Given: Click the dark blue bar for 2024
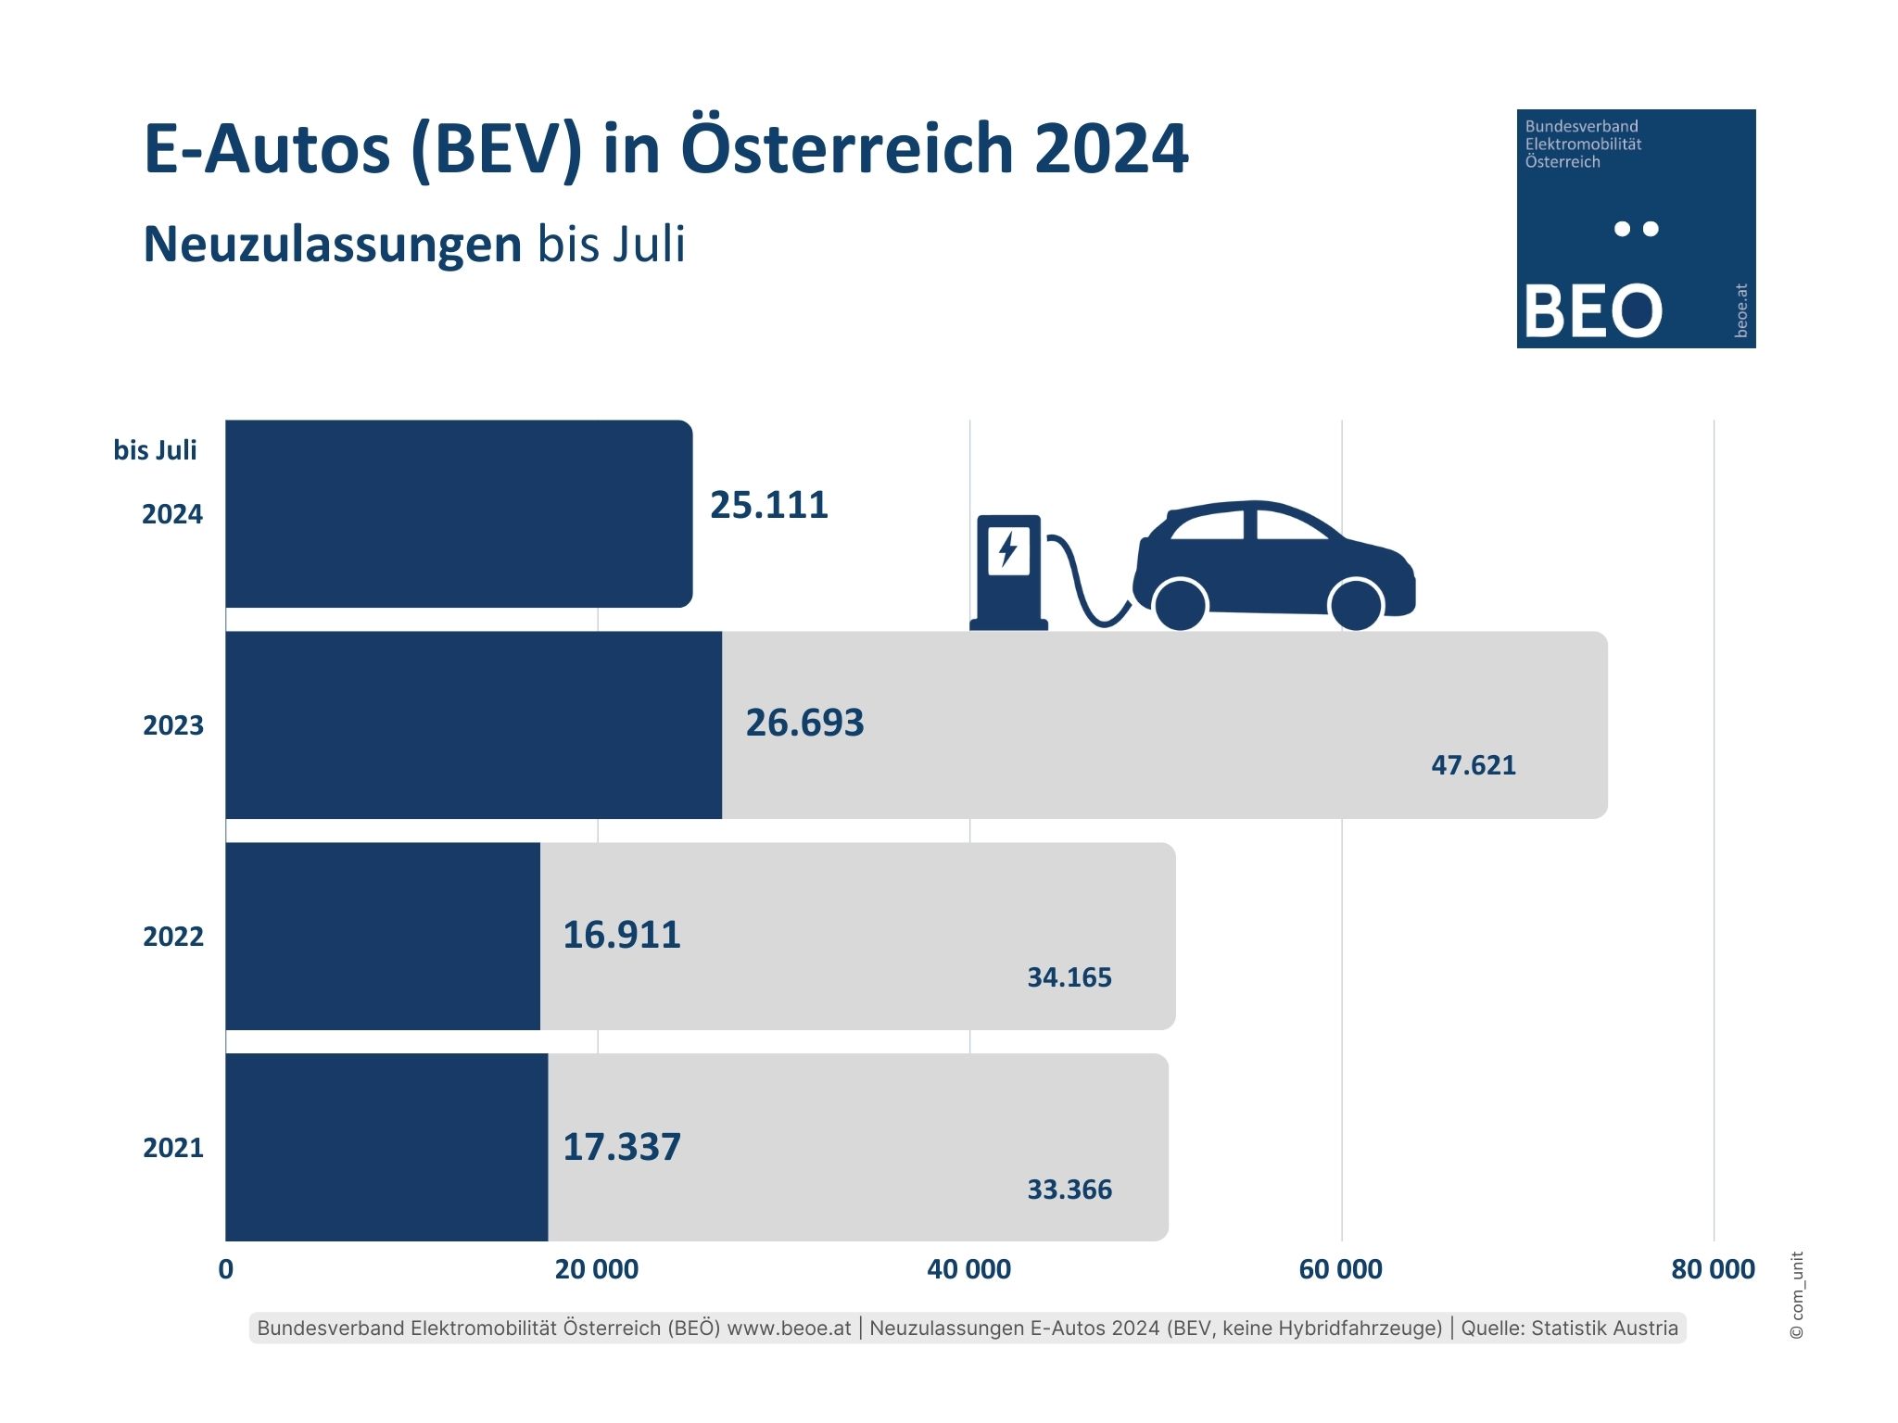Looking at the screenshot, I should pyautogui.click(x=459, y=514).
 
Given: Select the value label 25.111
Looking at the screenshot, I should pyautogui.click(x=768, y=506).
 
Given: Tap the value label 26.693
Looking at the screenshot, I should pyautogui.click(x=804, y=724).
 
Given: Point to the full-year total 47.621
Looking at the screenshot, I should pyautogui.click(x=1474, y=765).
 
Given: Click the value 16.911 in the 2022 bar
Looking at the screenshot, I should pyautogui.click(x=622, y=935).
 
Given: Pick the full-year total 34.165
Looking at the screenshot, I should pyautogui.click(x=1069, y=977).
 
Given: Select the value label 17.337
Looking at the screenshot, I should pyautogui.click(x=622, y=1147).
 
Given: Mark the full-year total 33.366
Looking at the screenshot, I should pyautogui.click(x=1069, y=1190).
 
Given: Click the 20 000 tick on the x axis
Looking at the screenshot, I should pyautogui.click(x=596, y=1269).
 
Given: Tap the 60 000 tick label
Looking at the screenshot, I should pyautogui.click(x=1340, y=1269).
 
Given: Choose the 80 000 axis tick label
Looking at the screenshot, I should pyautogui.click(x=1713, y=1269).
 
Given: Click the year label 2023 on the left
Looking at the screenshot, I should pyautogui.click(x=173, y=725).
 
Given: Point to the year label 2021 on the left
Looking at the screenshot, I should pyautogui.click(x=173, y=1148).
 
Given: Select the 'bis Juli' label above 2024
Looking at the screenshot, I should pyautogui.click(x=155, y=450).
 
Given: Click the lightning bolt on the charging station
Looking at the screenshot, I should pyautogui.click(x=1008, y=549).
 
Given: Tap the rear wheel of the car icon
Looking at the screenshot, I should pyautogui.click(x=1181, y=605).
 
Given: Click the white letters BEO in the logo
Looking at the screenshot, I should pyautogui.click(x=1592, y=310).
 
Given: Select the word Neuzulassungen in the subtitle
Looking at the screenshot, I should pyautogui.click(x=333, y=245).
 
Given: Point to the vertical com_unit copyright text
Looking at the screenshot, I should pyautogui.click(x=1797, y=1295).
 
